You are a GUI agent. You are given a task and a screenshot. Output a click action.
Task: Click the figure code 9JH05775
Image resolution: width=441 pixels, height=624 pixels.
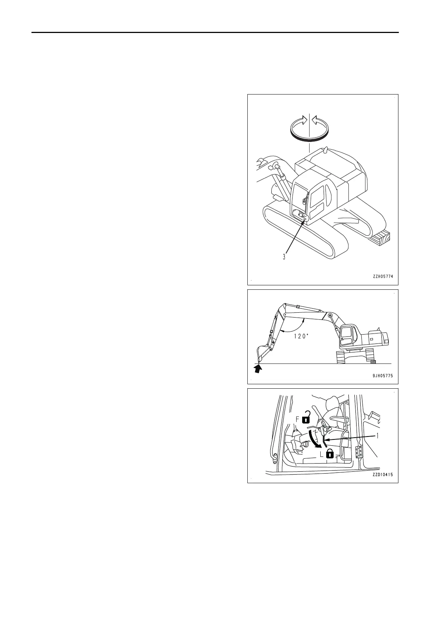click(382, 375)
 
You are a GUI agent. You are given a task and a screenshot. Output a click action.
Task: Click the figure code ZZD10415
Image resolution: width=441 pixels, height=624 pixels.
click(382, 474)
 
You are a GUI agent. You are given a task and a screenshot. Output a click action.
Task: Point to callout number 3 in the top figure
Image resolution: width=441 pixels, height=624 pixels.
click(284, 256)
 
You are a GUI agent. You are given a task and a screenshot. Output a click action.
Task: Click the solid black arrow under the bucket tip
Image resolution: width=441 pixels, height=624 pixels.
click(258, 368)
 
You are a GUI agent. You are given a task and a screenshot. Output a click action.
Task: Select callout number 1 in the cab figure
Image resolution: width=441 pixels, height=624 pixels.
click(378, 436)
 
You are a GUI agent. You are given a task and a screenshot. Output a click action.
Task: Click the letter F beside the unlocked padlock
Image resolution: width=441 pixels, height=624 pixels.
click(297, 419)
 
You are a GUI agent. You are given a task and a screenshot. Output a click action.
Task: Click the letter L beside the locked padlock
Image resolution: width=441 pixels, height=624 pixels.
click(321, 454)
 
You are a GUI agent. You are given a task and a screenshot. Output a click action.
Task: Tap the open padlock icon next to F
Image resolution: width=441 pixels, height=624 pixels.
click(306, 417)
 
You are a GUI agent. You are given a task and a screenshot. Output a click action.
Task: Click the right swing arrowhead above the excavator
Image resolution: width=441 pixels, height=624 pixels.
click(315, 120)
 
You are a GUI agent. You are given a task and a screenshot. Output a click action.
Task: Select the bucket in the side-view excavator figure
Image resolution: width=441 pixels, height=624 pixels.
click(262, 353)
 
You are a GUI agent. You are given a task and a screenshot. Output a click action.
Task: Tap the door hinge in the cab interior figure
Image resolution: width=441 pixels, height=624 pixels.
click(358, 452)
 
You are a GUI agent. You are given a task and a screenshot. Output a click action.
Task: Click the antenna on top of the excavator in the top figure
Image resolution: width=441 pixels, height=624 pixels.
click(325, 150)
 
